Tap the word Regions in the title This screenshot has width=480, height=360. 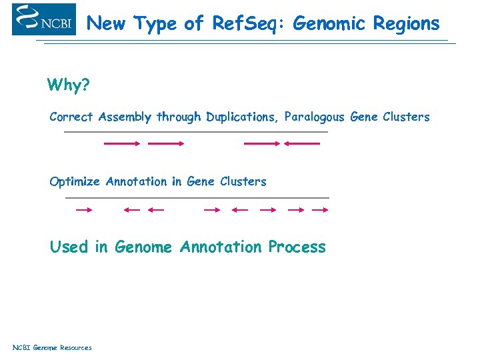pos(406,24)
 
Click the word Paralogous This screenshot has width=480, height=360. pos(314,117)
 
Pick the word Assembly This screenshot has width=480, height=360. pos(125,117)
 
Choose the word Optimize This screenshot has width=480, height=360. pos(75,182)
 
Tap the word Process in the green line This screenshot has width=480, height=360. pos(297,247)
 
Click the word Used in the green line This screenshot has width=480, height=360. pos(69,247)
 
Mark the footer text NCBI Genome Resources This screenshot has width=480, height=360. pos(52,347)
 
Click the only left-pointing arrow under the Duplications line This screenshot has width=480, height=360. pos(301,143)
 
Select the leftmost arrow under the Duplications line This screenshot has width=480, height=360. pos(122,143)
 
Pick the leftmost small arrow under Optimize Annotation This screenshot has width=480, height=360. pos(84,210)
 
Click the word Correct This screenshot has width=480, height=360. pos(71,117)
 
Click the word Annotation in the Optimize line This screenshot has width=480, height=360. pos(136,182)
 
